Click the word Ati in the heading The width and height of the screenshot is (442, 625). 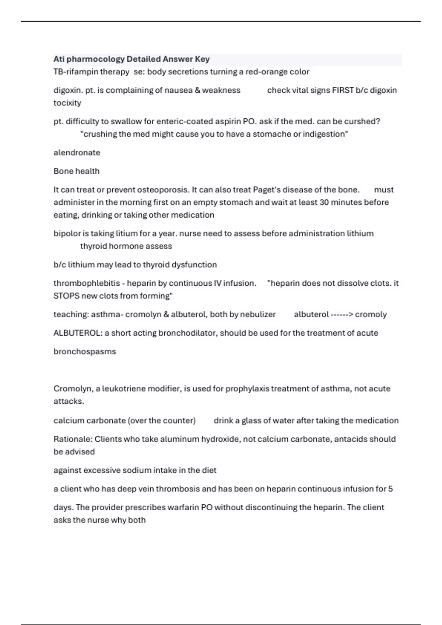[59, 59]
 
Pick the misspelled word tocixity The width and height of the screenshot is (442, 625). [67, 103]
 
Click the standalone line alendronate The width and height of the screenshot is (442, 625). [77, 153]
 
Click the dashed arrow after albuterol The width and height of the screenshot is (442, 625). [342, 315]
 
